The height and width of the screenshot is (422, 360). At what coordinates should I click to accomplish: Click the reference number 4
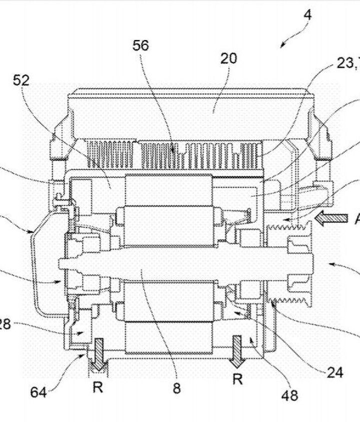tap(307, 14)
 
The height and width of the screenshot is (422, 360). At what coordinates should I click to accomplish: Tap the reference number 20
tap(228, 58)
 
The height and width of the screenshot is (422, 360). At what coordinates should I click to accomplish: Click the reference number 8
tap(176, 388)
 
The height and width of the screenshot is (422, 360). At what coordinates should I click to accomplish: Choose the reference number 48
tap(290, 396)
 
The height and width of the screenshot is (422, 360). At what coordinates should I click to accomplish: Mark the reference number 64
tap(38, 393)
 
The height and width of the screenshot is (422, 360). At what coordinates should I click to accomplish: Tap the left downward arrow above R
tap(98, 354)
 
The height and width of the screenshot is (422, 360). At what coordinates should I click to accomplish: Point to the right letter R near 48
tap(238, 380)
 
